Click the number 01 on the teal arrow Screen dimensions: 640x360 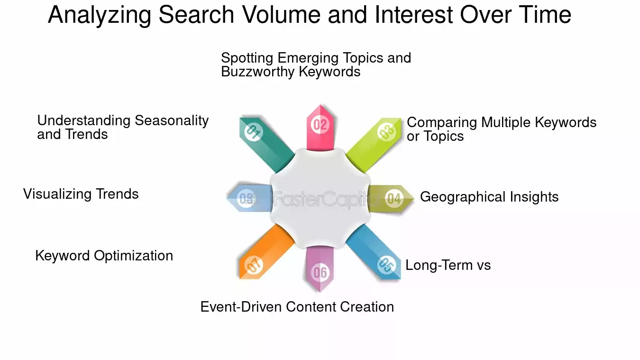coord(254,132)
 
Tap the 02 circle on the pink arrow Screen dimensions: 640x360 coord(320,125)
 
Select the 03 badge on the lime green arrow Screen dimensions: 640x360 coord(386,132)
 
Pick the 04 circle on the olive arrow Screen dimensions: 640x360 coord(394,198)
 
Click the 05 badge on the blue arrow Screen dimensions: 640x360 coord(386,265)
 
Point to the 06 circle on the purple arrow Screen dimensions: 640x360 coord(320,273)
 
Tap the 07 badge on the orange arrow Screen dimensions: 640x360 coord(254,265)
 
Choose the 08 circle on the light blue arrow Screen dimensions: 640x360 coord(246,198)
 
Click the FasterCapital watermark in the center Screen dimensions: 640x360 coord(326,199)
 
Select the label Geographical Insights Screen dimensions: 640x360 coord(489,197)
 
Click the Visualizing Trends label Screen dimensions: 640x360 coord(81,194)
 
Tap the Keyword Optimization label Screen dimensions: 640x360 coord(104,256)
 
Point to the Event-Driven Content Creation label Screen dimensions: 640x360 coord(297,307)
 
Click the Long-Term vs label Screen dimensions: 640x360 coord(448,265)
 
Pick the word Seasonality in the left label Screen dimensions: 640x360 coord(172,120)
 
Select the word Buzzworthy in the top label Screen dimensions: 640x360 coord(258,72)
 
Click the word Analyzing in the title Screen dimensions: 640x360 coord(100,15)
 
